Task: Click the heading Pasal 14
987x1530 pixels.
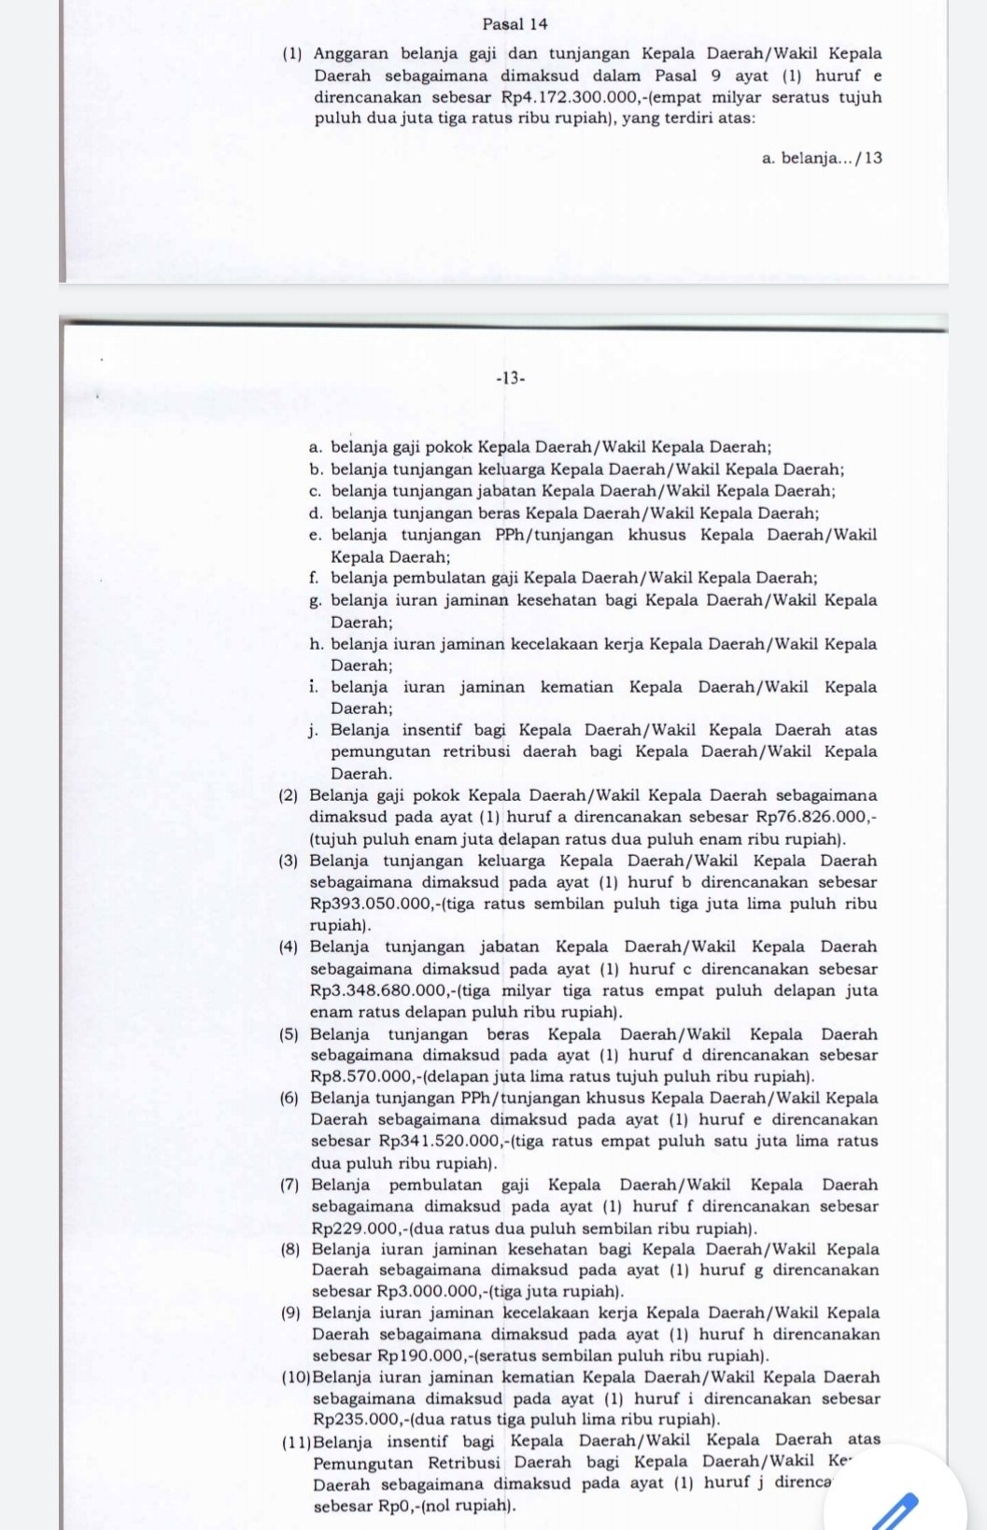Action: point(516,24)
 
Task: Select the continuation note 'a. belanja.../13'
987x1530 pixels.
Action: point(822,158)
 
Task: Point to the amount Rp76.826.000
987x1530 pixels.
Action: point(815,818)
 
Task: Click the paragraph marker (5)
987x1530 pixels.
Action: point(289,1034)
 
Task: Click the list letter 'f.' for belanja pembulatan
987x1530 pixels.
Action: point(314,578)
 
